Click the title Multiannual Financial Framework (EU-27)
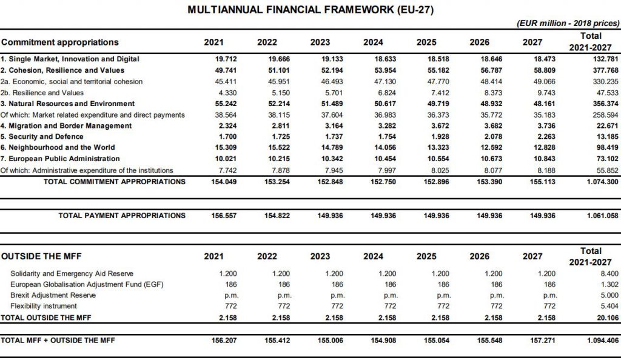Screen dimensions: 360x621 pyautogui.click(x=310, y=10)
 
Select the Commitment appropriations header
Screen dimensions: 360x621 pyautogui.click(x=60, y=42)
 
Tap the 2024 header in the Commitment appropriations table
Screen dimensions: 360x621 pyautogui.click(x=373, y=42)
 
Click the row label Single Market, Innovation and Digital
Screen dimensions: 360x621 pyautogui.click(x=70, y=59)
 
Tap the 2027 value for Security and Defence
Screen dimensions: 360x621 pyautogui.click(x=532, y=137)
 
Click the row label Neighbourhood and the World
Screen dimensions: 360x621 pyautogui.click(x=59, y=148)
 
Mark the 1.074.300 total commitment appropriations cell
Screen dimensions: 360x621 pyautogui.click(x=598, y=181)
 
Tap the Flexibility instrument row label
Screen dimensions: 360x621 pyautogui.click(x=44, y=306)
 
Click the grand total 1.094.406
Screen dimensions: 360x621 pyautogui.click(x=598, y=341)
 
